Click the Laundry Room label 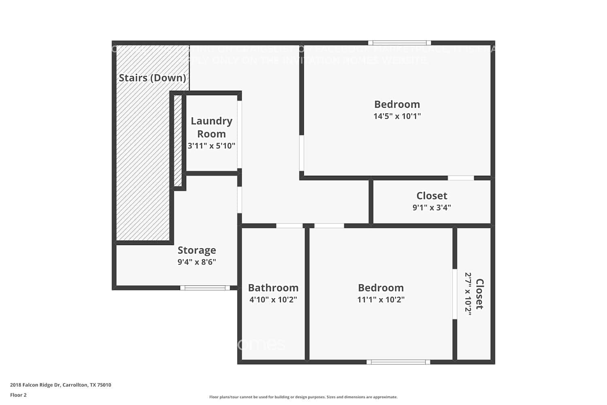[211, 127]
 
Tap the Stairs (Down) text [153, 78]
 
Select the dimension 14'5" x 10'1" [397, 116]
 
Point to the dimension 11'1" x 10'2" [381, 300]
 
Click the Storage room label [197, 250]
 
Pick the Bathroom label [273, 288]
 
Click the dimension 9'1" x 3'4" [432, 208]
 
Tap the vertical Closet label [480, 294]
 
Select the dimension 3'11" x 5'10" [211, 146]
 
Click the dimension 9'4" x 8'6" [197, 262]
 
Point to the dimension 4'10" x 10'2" [273, 300]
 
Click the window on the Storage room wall [205, 288]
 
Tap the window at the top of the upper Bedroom [399, 43]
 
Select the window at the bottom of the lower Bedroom [398, 362]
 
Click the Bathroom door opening [289, 226]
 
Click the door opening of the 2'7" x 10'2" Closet [455, 294]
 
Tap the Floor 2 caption [18, 395]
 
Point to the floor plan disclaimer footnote [303, 397]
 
